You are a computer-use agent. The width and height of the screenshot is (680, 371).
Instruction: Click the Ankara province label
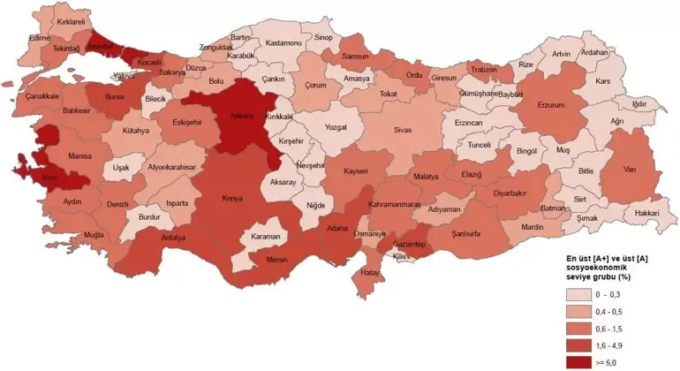click(x=242, y=115)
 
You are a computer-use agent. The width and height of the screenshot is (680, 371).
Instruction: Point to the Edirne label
click(x=39, y=38)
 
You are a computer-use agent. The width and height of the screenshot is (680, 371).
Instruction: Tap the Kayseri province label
click(x=356, y=170)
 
